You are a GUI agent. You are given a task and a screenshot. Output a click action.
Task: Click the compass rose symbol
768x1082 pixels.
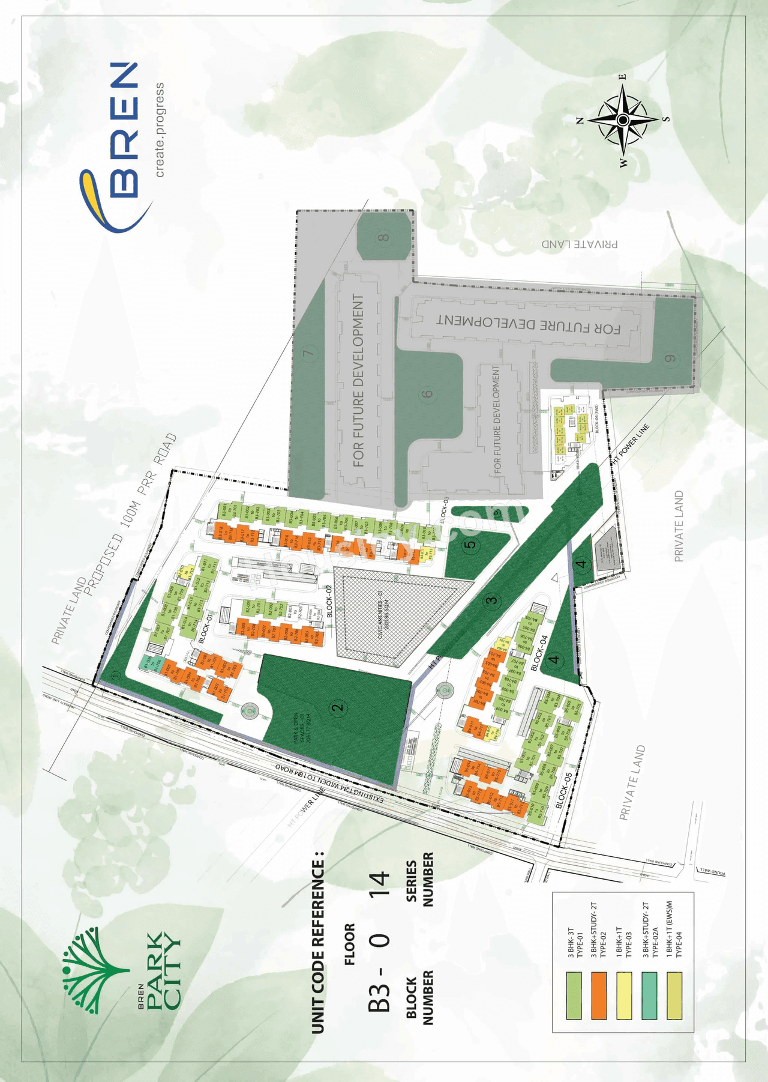tap(623, 120)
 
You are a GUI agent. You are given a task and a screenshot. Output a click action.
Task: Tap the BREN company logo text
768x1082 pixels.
tap(124, 130)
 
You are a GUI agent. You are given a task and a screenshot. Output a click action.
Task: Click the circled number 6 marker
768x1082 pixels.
tap(427, 394)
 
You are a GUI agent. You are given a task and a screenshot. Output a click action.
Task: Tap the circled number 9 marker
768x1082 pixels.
tap(670, 359)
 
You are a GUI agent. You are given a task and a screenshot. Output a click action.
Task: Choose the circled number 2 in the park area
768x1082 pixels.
tap(338, 707)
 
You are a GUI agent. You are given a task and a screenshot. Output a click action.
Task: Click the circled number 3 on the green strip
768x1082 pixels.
tap(491, 600)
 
